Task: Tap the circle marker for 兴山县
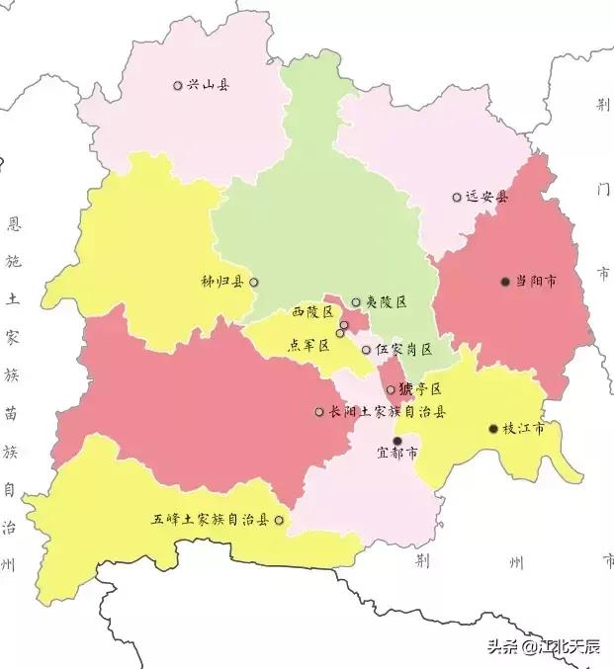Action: pos(178,86)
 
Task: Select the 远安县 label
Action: pos(486,198)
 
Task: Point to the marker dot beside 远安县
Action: pos(457,198)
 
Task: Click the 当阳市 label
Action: pos(535,282)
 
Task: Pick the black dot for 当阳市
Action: pos(505,282)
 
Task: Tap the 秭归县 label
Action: pos(222,283)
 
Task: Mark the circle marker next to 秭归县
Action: pos(254,283)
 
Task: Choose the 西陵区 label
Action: pos(312,312)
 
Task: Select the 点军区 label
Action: pos(307,345)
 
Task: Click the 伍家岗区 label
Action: pos(403,350)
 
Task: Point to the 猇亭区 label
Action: pos(420,389)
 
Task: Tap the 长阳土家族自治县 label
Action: pos(388,412)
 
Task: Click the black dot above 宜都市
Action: pos(397,441)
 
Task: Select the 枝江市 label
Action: pos(524,429)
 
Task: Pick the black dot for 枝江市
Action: pos(493,429)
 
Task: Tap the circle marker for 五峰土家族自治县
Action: pos(279,520)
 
